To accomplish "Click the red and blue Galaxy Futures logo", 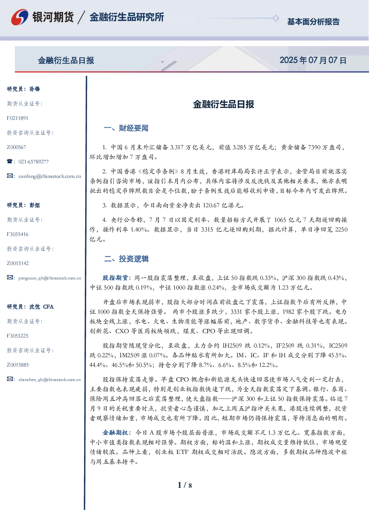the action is pos(20,17).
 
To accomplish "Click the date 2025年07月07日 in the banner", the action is pos(313,60).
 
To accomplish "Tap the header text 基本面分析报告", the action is pos(313,22).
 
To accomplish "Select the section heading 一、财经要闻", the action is pos(126,128).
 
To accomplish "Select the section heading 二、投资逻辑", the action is pos(126,259).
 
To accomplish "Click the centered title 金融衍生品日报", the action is pos(224,104).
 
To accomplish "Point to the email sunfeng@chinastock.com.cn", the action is pos(50,176).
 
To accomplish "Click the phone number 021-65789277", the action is pos(33,162).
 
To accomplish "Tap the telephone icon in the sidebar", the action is pos(10,161).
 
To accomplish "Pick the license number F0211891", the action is pos(17,118).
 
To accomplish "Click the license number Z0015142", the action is pos(18,263).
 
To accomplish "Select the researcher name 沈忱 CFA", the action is pos(41,307).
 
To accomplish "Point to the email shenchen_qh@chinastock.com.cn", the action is pos(49,380).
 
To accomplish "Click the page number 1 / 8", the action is pos(184,485).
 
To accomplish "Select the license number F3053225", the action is pos(17,336).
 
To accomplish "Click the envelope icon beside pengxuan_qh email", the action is pos(10,278).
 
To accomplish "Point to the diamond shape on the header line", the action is pos(276,18).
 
